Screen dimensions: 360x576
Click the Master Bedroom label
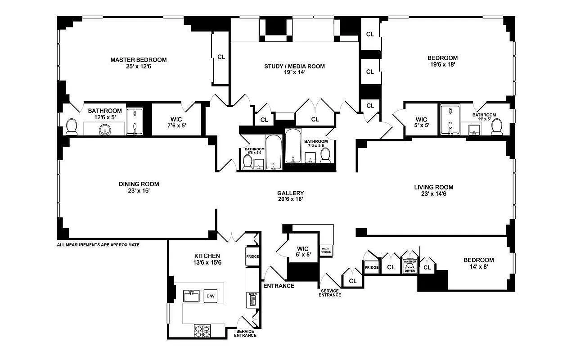(139, 59)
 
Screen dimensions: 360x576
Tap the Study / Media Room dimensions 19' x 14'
(294, 72)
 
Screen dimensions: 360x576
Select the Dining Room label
(139, 184)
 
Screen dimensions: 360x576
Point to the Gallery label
(290, 193)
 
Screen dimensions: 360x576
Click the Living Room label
(434, 187)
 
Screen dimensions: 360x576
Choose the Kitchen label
(207, 256)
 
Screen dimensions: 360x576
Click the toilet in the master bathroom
(72, 126)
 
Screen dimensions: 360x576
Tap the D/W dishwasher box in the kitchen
(210, 296)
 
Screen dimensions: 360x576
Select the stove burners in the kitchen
(202, 331)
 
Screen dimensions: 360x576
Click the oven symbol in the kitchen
(252, 300)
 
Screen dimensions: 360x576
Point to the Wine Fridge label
(326, 250)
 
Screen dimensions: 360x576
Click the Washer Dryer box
(409, 266)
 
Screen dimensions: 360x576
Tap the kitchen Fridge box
(252, 257)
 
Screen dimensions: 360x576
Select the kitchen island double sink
(191, 296)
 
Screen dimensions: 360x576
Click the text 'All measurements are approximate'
(98, 245)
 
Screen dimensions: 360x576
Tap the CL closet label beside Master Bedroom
(221, 57)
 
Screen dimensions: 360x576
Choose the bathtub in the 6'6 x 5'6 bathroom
(273, 153)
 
